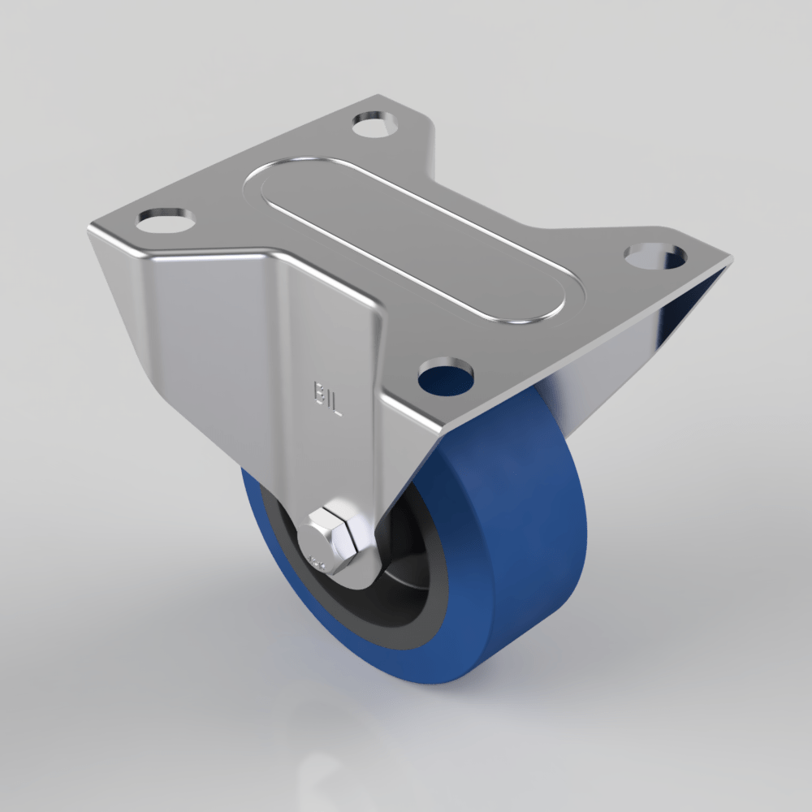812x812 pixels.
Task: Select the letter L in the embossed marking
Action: point(336,405)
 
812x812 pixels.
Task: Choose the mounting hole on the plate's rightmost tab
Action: point(655,255)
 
